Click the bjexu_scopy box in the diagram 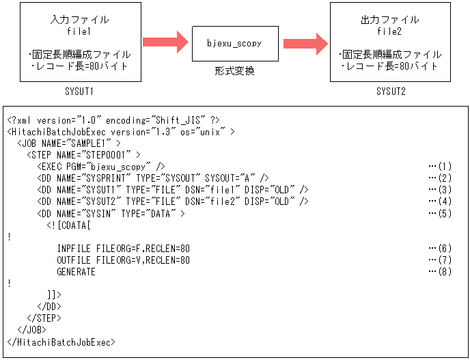234,44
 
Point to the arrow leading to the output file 305,43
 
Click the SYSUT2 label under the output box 390,92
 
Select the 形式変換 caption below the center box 234,70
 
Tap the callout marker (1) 441,166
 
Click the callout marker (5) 441,214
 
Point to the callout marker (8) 441,272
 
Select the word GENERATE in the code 77,272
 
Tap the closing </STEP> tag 44,318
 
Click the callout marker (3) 441,189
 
